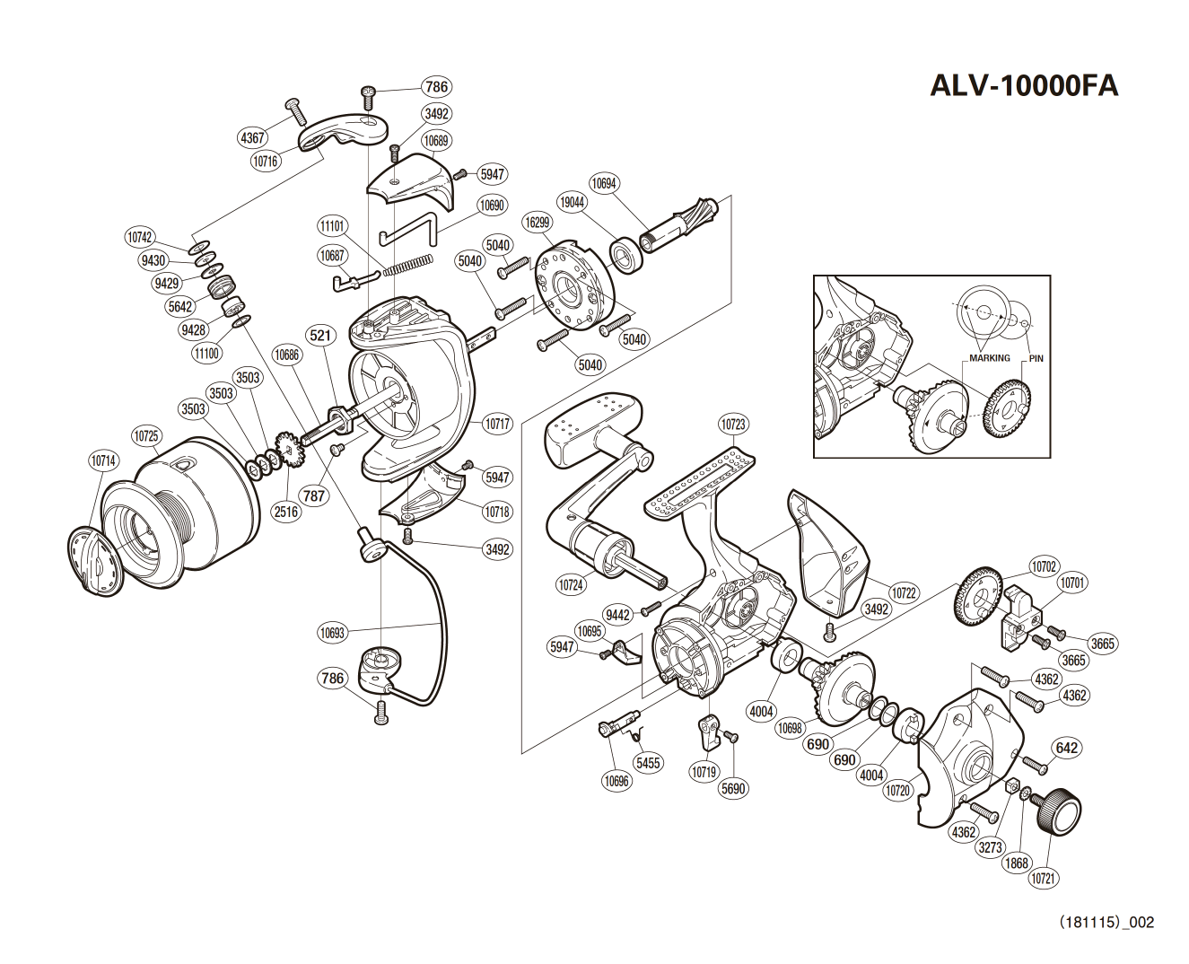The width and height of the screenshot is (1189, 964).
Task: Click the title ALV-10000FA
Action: coord(1024,85)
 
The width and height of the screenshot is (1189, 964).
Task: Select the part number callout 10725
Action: coord(146,437)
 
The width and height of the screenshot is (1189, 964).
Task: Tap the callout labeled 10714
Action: coord(103,461)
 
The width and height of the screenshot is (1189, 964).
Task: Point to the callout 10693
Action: coord(331,633)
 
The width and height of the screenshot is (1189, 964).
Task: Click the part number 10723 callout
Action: coord(732,424)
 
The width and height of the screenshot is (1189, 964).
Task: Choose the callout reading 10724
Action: coord(571,584)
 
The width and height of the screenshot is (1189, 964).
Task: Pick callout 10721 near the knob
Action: coord(1042,879)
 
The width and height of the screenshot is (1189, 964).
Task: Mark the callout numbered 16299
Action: coord(538,222)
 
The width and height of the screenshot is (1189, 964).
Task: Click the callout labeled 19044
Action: coord(572,203)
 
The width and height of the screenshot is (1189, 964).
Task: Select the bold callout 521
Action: coord(320,337)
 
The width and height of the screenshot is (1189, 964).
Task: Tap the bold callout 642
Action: coord(1067,748)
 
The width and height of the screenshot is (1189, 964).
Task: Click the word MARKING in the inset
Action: coord(988,357)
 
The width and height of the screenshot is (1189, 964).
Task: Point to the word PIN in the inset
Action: coord(1036,357)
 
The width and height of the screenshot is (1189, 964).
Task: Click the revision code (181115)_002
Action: coord(1106,922)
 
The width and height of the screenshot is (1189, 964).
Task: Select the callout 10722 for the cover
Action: coord(904,592)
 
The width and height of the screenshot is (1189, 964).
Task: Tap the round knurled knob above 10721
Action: coord(1060,810)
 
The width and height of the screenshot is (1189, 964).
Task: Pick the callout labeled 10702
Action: coord(1043,566)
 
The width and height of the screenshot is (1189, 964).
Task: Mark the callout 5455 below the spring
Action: coord(647,763)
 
